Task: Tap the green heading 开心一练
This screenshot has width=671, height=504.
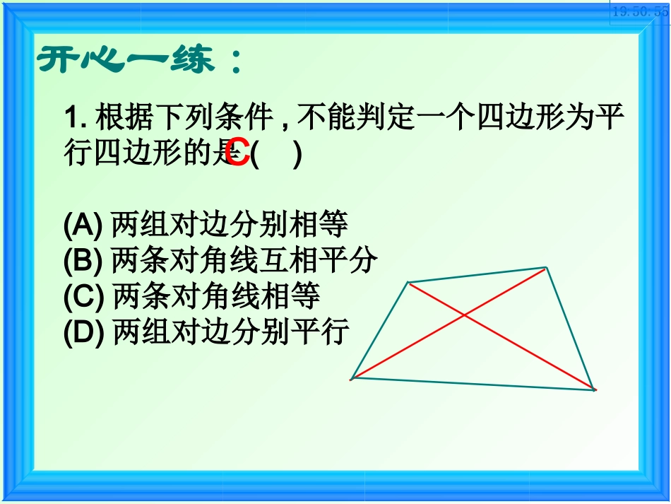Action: click(x=138, y=61)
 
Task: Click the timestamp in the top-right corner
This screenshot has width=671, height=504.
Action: click(x=640, y=11)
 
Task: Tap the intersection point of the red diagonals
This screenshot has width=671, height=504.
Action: click(x=463, y=315)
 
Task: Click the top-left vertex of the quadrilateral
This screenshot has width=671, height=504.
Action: click(x=408, y=283)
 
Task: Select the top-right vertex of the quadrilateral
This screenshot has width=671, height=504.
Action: click(x=546, y=267)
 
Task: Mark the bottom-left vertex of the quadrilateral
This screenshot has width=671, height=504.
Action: click(x=352, y=378)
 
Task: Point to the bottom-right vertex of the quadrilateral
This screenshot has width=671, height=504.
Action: click(x=595, y=389)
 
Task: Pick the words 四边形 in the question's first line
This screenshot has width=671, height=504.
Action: click(x=521, y=117)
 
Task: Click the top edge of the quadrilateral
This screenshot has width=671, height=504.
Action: click(x=477, y=275)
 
